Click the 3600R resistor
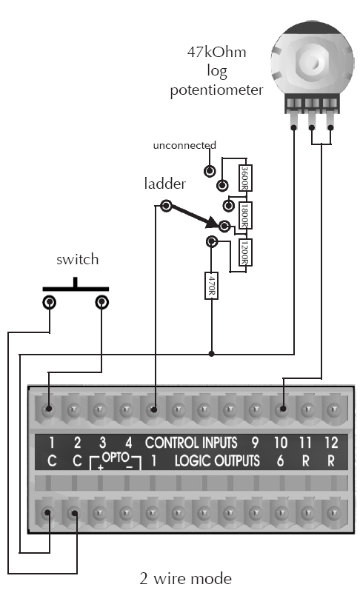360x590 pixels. tap(245, 178)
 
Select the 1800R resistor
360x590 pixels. tap(245, 215)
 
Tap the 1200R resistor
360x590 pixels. tap(245, 252)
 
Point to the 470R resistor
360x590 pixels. tap(212, 286)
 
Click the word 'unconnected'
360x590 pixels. tap(184, 145)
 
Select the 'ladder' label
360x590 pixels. tap(165, 184)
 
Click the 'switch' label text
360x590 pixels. tap(78, 259)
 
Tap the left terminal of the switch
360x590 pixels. tap(50, 302)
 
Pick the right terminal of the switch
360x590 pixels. tap(101, 302)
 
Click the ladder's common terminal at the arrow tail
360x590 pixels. tap(166, 206)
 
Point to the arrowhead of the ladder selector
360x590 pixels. tap(212, 222)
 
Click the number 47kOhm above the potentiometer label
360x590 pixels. tap(217, 52)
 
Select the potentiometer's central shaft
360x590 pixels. tap(312, 61)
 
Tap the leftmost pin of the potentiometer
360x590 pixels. tap(293, 121)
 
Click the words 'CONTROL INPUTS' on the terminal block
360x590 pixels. tap(191, 443)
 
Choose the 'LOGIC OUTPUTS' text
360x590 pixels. tap(217, 460)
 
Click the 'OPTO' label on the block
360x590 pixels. tap(116, 457)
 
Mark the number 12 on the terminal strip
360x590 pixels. tap(331, 443)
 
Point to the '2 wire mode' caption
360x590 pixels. tap(186, 578)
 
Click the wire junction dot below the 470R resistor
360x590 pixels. tap(212, 354)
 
